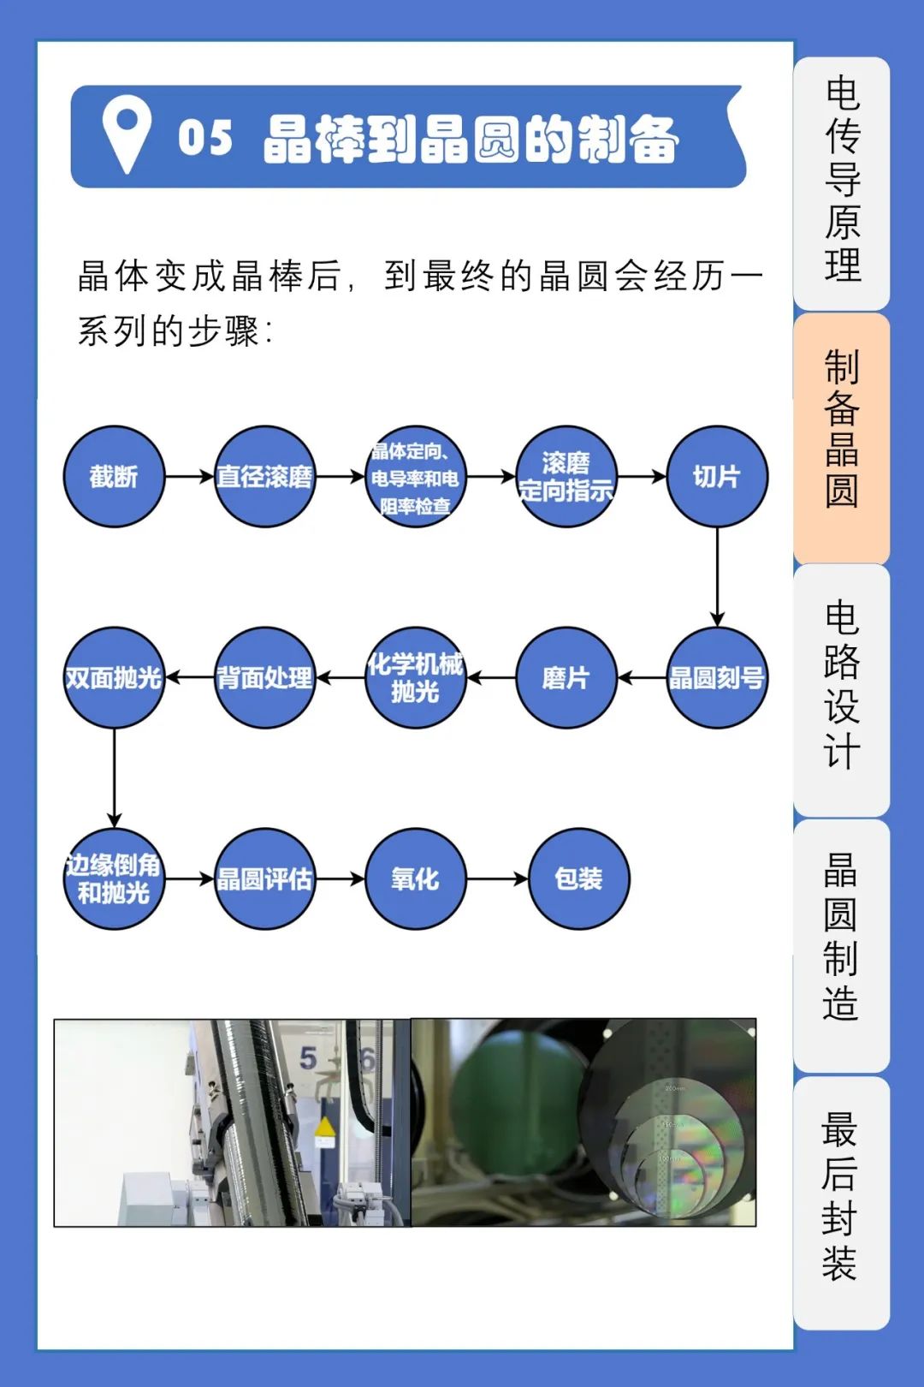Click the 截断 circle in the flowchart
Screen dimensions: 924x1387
[114, 476]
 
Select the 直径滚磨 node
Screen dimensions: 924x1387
[265, 476]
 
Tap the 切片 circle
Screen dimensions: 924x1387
[717, 476]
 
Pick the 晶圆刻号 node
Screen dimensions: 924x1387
[717, 677]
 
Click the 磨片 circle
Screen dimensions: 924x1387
[566, 677]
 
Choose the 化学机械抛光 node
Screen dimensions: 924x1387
[415, 677]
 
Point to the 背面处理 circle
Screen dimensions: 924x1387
[265, 677]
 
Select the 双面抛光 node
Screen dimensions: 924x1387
[114, 677]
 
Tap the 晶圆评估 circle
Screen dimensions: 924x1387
[265, 878]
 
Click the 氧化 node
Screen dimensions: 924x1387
[415, 878]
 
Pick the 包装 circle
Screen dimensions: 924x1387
[578, 878]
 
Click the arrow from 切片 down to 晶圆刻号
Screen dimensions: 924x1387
[717, 577]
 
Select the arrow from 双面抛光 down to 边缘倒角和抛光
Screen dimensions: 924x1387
[114, 778]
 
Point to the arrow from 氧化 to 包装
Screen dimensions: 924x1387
[497, 878]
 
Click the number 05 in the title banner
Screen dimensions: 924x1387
[204, 137]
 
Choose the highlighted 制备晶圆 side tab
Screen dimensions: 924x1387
[842, 438]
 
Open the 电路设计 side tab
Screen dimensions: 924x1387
[842, 690]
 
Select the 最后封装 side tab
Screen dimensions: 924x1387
[842, 1203]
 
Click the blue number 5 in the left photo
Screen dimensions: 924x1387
[308, 1058]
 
